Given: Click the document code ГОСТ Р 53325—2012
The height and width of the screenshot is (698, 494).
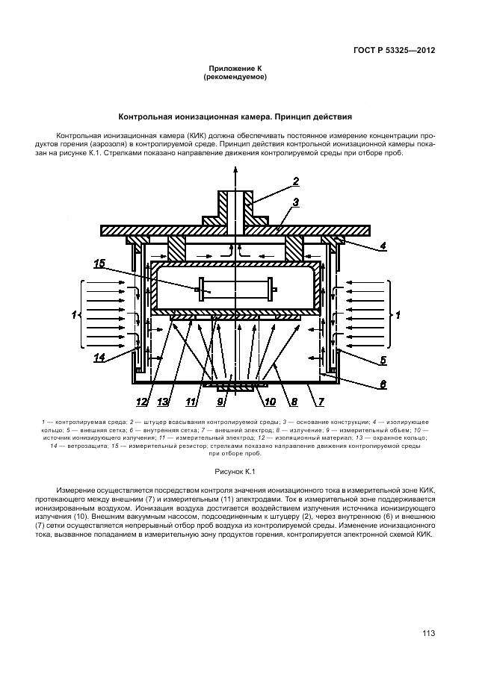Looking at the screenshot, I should pos(394,51).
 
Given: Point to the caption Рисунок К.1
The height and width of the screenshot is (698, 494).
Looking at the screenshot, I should pos(235,472).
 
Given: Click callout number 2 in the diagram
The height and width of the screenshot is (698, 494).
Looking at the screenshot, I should pos(296,181).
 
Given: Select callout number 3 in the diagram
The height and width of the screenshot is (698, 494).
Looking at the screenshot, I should pos(296,202).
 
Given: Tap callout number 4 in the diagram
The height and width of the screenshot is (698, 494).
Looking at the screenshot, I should pos(382,246).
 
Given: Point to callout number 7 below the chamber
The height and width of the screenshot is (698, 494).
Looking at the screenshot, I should pos(319,402).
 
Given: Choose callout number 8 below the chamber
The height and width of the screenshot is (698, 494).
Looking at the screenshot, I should pos(294,402).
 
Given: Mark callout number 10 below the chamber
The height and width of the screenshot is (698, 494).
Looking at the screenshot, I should pos(269,402).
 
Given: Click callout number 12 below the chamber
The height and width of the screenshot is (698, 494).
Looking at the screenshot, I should pos(142,402).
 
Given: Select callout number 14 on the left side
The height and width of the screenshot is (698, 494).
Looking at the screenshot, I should pos(100,358).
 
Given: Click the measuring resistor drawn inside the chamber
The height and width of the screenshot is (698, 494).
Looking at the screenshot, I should pos(236,289).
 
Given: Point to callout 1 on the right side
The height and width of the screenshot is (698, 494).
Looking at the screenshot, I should pos(398,315).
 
